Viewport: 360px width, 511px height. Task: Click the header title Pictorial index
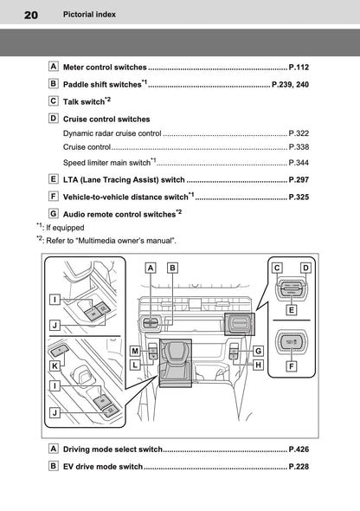[83, 15]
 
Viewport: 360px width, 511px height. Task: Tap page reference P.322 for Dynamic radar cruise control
[299, 134]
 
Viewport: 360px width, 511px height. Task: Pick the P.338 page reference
[299, 148]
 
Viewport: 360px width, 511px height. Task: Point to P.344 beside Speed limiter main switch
[299, 163]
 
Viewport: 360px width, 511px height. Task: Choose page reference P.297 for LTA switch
[299, 180]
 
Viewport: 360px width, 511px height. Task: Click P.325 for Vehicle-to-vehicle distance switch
[299, 198]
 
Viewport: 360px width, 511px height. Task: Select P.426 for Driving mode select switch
[299, 450]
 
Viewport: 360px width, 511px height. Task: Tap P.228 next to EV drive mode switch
[299, 467]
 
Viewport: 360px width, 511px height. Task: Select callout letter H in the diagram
[258, 365]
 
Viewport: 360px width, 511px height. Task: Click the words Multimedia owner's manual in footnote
[130, 240]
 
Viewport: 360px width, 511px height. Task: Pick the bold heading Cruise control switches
[106, 119]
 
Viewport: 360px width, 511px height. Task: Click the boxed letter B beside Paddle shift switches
[54, 84]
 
